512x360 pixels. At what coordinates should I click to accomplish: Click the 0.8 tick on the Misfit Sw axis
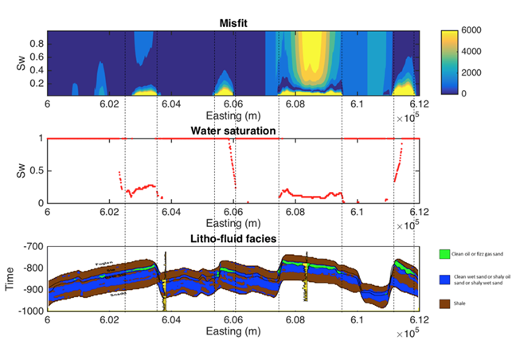coord(35,44)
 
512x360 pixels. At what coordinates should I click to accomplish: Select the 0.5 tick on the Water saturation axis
coord(35,170)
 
